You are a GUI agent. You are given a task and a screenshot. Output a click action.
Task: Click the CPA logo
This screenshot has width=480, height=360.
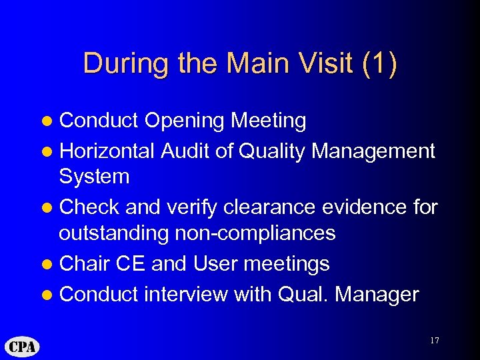(x=23, y=347)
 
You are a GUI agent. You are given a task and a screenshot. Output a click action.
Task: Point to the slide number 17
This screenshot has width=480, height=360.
(x=435, y=341)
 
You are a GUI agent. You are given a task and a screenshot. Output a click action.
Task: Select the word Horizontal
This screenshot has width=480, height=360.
(x=107, y=151)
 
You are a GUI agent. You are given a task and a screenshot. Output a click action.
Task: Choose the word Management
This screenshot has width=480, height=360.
(x=373, y=151)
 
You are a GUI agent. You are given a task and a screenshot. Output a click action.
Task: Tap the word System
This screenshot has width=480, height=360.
(x=94, y=177)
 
